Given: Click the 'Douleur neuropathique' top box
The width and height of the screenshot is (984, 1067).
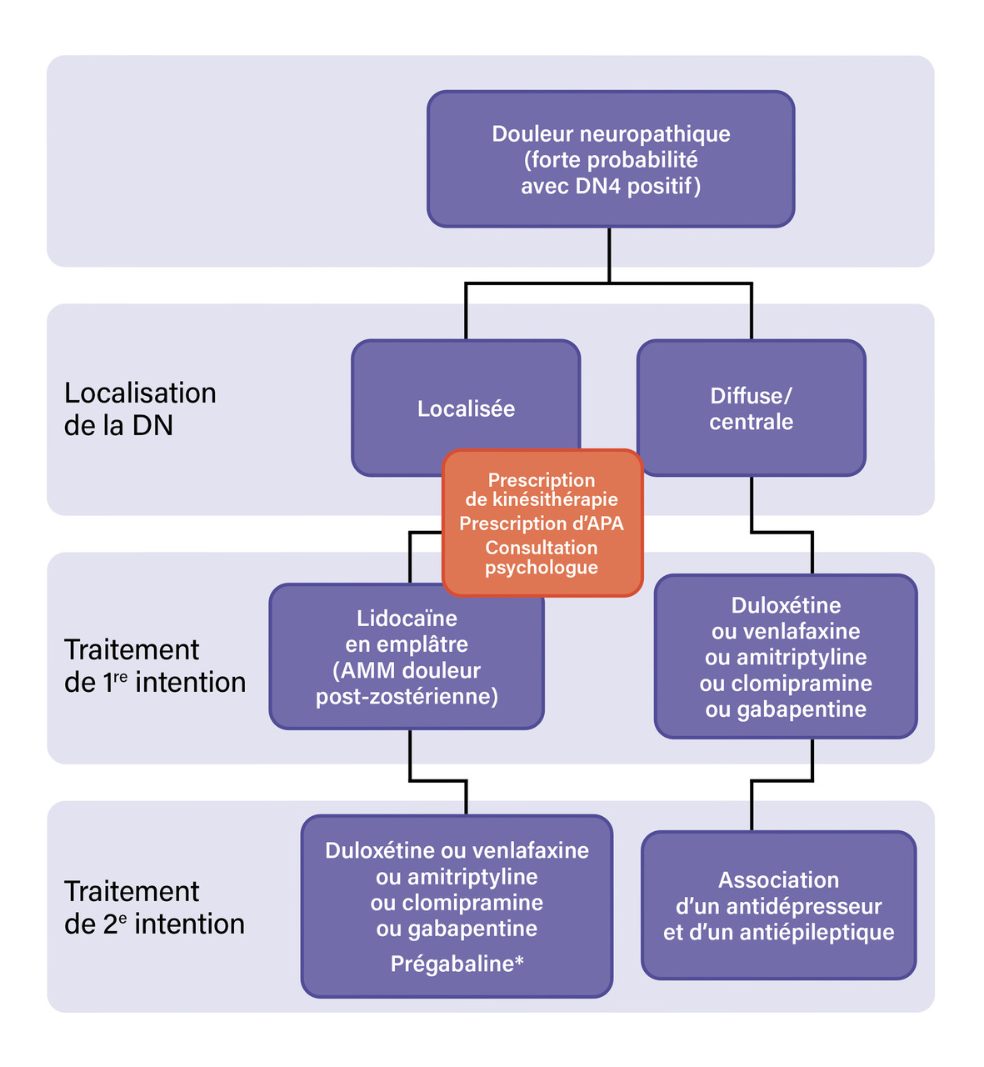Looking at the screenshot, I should [610, 158].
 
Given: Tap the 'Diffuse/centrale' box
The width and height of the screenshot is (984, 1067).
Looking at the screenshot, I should [751, 408].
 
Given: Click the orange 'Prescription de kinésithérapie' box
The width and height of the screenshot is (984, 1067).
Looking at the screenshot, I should [542, 490].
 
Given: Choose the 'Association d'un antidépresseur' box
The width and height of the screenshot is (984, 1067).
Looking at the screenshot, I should [778, 905].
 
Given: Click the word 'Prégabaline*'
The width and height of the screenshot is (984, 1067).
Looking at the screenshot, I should [457, 964].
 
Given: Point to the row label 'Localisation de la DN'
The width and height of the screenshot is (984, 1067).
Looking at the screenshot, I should [140, 409].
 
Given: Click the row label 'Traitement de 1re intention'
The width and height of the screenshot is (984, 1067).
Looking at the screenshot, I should [155, 666].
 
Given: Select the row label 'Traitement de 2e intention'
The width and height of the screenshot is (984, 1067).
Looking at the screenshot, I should [154, 908].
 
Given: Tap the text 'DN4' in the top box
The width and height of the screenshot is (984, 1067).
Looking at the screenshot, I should [598, 185].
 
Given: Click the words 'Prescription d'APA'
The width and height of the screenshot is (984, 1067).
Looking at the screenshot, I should [542, 523].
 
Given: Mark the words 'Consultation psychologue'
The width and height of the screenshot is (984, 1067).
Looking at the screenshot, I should [542, 558].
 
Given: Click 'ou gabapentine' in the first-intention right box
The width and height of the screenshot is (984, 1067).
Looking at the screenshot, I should [786, 709].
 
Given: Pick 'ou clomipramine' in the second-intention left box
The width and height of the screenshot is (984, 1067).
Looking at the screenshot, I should [457, 903].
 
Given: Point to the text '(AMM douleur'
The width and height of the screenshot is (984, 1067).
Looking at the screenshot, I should [407, 670].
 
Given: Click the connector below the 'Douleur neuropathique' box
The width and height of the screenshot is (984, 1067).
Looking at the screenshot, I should [609, 254].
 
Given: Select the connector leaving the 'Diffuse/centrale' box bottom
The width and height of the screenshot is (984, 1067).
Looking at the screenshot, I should [752, 503].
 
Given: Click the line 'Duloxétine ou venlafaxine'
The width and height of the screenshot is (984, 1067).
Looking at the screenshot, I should [457, 850].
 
